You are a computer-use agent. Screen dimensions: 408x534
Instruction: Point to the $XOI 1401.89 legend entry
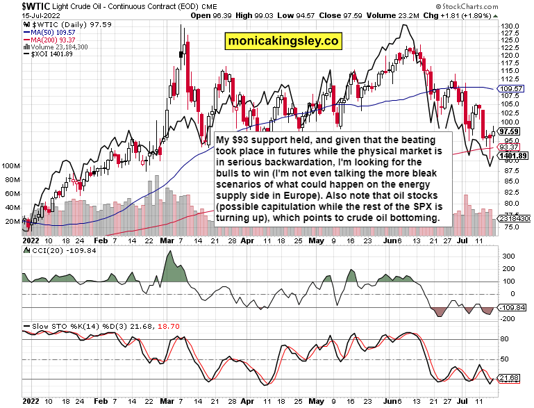pyautogui.click(x=50, y=54)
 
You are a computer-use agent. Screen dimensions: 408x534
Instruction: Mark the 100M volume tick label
pyautogui.click(x=11, y=167)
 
